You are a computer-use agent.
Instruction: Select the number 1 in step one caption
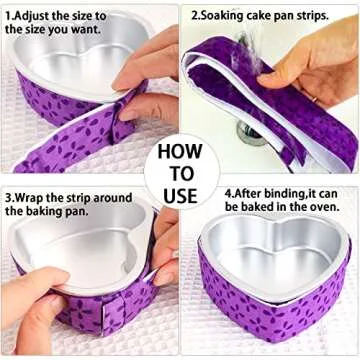coord(9,17)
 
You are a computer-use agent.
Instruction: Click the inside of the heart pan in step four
coord(270,250)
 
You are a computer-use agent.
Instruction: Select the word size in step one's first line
coord(107,17)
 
